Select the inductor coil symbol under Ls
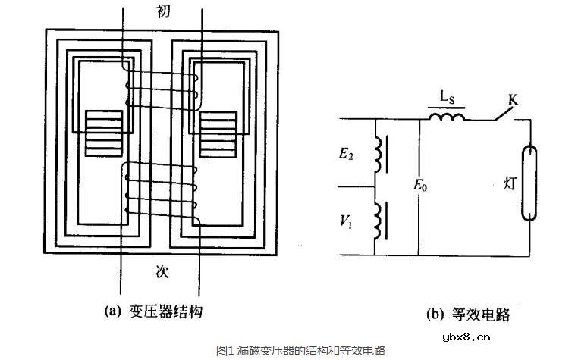click(x=448, y=117)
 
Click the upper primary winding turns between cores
click(x=161, y=85)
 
